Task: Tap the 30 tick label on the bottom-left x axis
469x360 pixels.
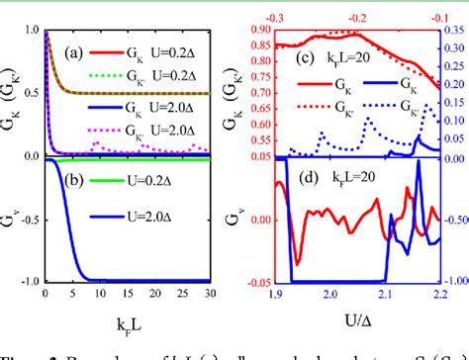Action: coord(209,295)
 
